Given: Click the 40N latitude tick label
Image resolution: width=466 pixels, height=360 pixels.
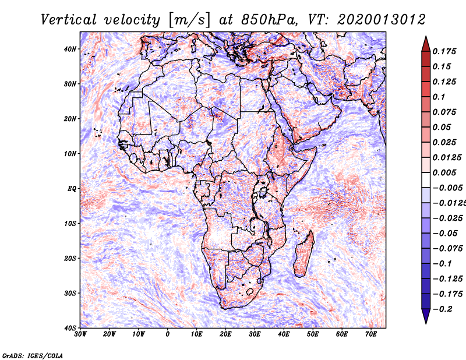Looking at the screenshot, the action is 70,49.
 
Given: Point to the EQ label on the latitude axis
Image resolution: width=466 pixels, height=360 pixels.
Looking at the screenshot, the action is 72,189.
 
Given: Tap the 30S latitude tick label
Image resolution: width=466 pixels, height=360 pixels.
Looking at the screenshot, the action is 70,293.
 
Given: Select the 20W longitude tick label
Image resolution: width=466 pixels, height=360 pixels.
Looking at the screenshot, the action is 110,334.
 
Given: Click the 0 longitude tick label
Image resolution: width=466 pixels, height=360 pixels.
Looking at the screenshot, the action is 168,334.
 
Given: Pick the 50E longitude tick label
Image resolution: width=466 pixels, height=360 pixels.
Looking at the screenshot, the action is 313,334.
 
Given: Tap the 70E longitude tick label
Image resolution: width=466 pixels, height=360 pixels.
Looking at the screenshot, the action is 370,334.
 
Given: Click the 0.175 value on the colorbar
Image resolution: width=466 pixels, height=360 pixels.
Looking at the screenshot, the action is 444,52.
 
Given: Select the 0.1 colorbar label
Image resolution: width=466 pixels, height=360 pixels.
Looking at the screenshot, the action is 439,97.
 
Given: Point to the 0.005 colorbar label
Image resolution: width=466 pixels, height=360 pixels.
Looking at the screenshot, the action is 444,172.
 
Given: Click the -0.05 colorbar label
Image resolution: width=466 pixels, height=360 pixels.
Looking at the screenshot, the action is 445,234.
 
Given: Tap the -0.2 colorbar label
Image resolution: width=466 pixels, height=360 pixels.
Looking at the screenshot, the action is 443,309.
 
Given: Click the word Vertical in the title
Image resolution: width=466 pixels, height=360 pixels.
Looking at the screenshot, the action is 69,20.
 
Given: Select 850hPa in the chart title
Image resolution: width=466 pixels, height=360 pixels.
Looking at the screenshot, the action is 269,20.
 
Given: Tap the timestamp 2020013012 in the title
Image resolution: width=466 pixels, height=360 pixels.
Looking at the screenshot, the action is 381,20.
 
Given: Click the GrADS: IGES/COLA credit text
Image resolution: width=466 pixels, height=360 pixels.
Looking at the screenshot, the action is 33,356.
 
